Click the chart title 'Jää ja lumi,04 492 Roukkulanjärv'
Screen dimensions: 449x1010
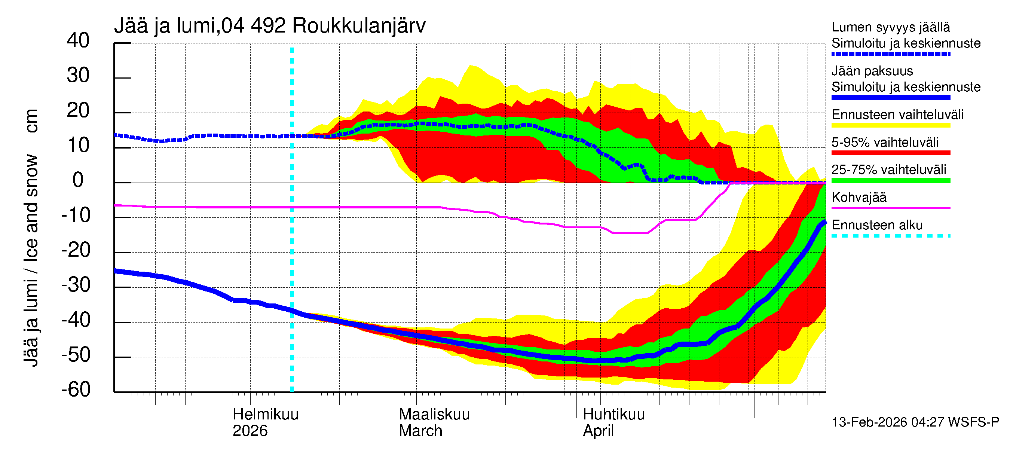point(269,26)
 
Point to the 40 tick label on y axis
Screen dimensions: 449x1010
point(78,40)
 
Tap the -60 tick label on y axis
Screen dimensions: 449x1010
point(76,390)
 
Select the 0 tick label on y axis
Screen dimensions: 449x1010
point(78,180)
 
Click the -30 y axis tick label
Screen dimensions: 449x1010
point(76,285)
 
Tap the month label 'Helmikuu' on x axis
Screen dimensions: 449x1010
point(266,414)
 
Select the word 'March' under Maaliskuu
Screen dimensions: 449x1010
point(420,431)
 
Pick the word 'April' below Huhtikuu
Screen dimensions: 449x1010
point(598,431)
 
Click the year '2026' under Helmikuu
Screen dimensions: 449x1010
point(250,431)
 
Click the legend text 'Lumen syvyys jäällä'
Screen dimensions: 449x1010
point(891,27)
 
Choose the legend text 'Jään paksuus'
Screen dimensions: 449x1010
point(872,71)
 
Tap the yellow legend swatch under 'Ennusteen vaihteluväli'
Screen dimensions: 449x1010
point(891,125)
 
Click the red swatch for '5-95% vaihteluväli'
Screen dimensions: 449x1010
point(891,153)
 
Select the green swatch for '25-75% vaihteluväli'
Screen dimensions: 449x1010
point(891,180)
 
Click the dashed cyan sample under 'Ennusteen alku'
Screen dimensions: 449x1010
point(891,236)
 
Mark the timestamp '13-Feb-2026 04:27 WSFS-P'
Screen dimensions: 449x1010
point(915,422)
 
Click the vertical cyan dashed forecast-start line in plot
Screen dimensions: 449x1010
point(292,235)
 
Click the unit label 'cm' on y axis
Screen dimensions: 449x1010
point(31,121)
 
